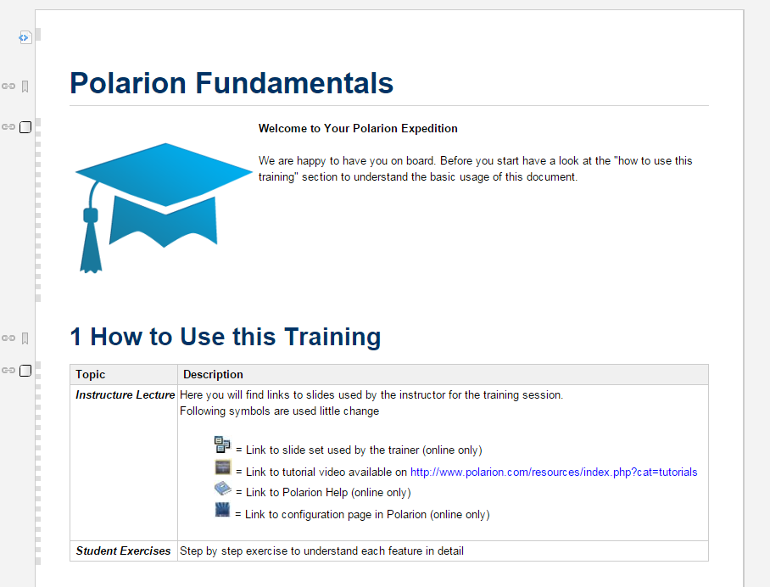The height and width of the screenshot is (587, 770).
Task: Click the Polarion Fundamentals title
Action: [232, 83]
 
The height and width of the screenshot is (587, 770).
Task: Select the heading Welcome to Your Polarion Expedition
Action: [358, 128]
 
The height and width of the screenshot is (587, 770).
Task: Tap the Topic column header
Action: [91, 374]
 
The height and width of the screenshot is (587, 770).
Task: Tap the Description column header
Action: [213, 374]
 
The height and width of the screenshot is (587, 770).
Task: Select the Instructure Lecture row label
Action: [126, 395]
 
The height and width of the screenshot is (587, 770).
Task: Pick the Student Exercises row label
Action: [123, 551]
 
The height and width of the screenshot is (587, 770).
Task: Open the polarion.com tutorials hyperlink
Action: [554, 472]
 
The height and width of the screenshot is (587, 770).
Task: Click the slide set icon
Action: [222, 444]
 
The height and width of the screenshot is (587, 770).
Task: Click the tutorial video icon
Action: [222, 467]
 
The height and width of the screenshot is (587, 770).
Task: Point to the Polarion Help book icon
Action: [222, 489]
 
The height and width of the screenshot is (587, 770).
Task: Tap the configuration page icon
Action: [222, 510]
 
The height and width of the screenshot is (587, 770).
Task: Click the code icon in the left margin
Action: [25, 37]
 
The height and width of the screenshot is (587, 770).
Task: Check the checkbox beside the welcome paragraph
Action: [25, 126]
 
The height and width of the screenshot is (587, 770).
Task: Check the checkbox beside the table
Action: [25, 371]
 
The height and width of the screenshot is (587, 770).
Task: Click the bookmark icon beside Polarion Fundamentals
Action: [25, 87]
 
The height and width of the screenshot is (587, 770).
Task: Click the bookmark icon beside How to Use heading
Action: [25, 338]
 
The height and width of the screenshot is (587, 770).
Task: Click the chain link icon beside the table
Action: [8, 371]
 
